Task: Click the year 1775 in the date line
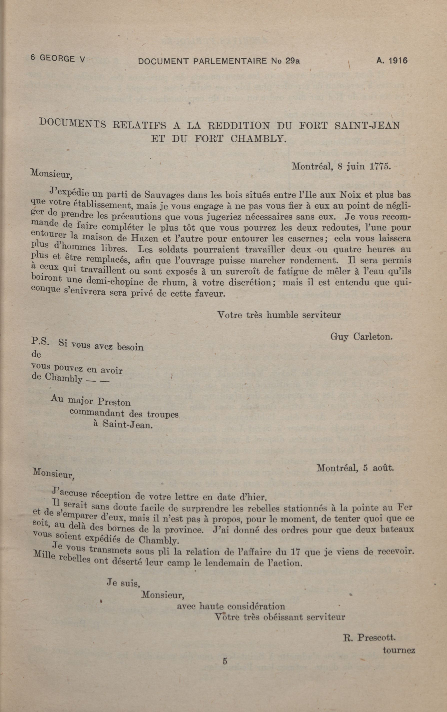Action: click(380, 166)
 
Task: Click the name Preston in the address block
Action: click(114, 402)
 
